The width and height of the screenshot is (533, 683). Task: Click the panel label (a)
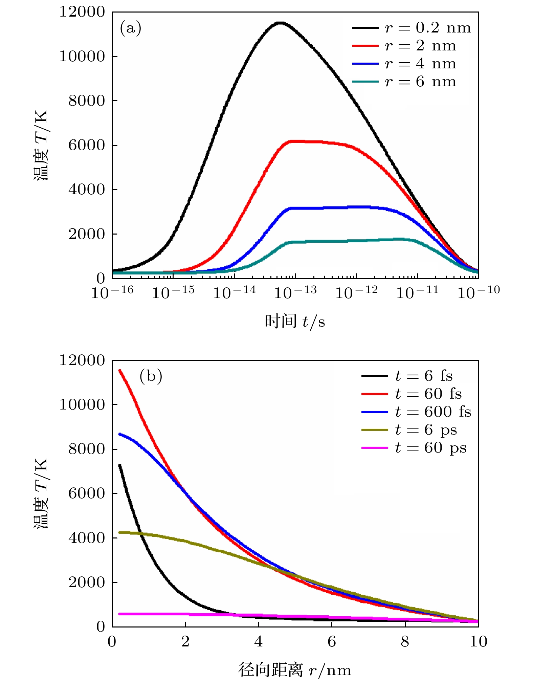(x=130, y=28)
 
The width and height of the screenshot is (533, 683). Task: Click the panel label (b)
(x=151, y=376)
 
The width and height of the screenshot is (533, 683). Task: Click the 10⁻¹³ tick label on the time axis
(x=295, y=292)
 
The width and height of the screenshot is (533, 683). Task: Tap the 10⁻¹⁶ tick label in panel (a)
(x=112, y=292)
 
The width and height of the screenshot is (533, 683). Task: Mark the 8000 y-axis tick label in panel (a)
(x=87, y=101)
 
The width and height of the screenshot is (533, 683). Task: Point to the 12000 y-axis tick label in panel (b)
(x=82, y=360)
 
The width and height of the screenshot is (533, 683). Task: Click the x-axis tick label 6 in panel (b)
(x=332, y=641)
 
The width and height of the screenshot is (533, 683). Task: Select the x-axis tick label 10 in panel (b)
(x=478, y=641)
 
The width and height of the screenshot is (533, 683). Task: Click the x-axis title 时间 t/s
(x=295, y=321)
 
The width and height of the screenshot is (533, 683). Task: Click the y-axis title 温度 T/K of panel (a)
(x=41, y=145)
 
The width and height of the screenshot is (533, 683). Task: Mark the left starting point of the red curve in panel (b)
(x=119, y=370)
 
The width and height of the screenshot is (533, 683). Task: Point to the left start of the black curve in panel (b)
(x=119, y=465)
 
